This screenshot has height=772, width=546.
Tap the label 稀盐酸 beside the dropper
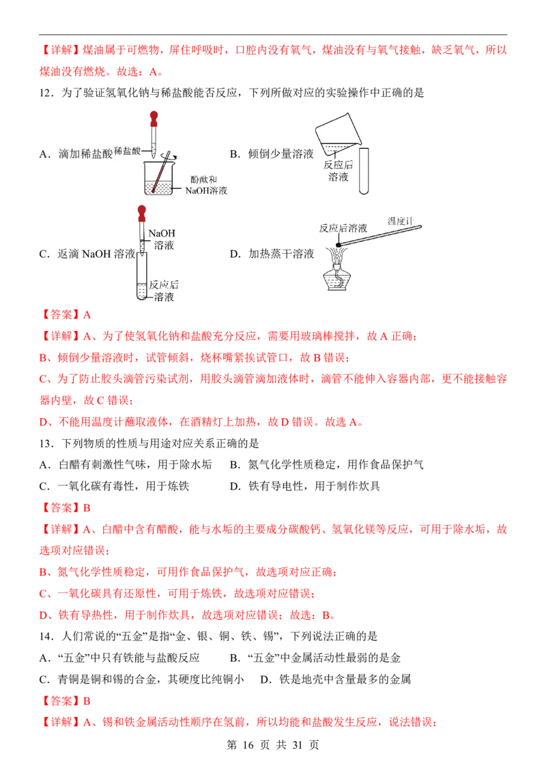pos(127,151)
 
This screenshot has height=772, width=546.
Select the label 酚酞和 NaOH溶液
pos(205,185)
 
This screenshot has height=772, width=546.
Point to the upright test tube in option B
pos(364,171)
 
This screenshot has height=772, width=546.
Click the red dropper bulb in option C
pos(142,214)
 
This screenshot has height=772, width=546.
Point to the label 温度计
pos(400,221)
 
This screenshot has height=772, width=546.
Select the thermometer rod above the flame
pos(379,237)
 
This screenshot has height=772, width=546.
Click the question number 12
pos(46,93)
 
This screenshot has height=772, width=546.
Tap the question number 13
pos(46,443)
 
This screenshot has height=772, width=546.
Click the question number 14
pos(46,636)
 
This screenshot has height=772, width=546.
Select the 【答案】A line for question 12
pos(65,314)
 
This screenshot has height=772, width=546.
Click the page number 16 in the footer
pos(248,745)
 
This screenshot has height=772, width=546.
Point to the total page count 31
pos(297,745)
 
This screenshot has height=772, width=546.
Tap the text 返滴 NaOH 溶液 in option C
pos(97,254)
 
